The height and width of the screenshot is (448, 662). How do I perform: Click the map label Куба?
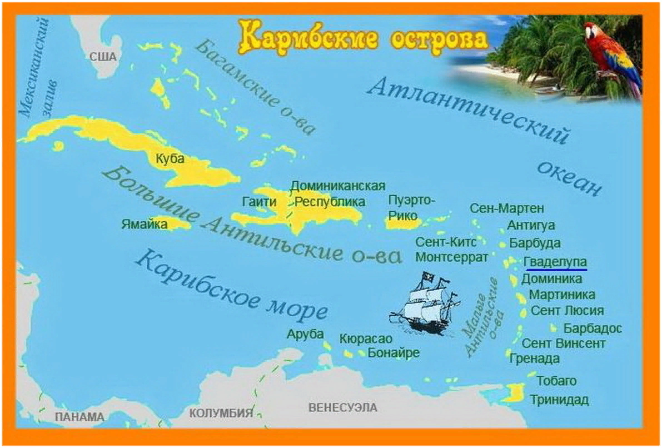point(170,159)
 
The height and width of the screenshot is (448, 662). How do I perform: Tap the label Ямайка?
point(144,225)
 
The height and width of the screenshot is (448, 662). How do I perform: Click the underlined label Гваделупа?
point(555,262)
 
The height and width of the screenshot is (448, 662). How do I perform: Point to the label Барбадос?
point(593,328)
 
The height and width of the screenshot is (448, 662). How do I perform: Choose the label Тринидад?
point(559,400)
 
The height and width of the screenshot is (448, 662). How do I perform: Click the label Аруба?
point(305,334)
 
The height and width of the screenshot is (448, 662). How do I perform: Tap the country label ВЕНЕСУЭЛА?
point(342,407)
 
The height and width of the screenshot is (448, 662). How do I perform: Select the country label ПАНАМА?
point(79,417)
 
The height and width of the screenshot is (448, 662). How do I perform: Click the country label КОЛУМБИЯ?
point(221,413)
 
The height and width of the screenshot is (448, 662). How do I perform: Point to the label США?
point(103,57)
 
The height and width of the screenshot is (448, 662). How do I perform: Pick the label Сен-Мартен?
point(506,208)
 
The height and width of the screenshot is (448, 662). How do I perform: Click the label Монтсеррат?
point(451,257)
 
